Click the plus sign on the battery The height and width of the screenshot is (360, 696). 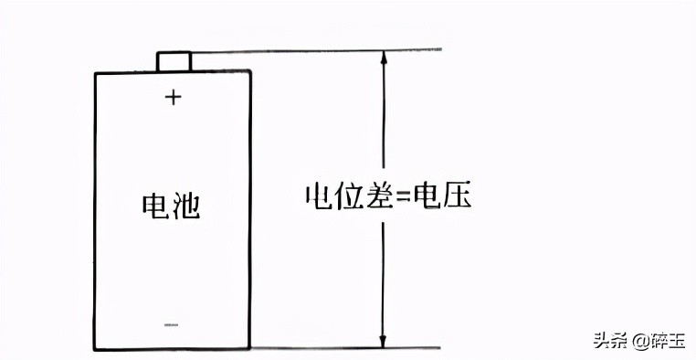[x=174, y=97]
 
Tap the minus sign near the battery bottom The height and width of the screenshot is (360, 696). [x=172, y=323]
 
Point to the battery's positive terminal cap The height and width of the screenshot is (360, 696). [x=174, y=61]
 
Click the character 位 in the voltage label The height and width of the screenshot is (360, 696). [x=346, y=196]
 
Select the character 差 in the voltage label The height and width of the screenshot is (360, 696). [x=376, y=196]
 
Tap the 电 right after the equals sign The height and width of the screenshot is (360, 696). [x=427, y=196]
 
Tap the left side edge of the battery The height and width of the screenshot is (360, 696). [x=96, y=210]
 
